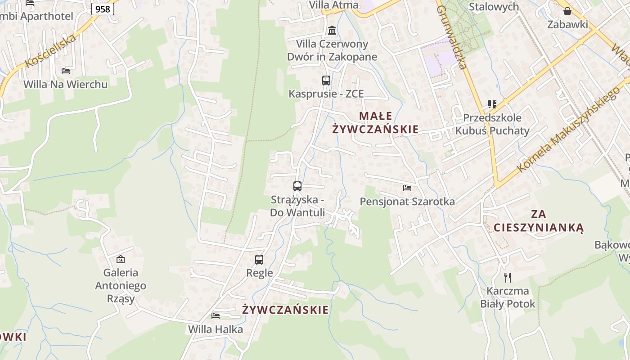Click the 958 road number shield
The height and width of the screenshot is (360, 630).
pyautogui.click(x=103, y=9)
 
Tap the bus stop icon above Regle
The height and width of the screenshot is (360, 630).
pyautogui.click(x=259, y=260)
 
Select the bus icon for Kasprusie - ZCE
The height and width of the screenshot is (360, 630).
pyautogui.click(x=326, y=81)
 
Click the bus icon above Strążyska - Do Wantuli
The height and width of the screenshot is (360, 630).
pyautogui.click(x=297, y=186)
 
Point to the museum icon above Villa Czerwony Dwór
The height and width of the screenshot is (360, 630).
pyautogui.click(x=332, y=31)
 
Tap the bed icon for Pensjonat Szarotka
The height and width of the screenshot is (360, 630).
pyautogui.click(x=407, y=188)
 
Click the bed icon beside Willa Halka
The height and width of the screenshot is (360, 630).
pyautogui.click(x=216, y=316)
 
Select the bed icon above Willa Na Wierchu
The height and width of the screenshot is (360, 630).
pyautogui.click(x=66, y=71)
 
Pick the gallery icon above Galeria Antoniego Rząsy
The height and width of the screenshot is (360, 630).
pyautogui.click(x=121, y=259)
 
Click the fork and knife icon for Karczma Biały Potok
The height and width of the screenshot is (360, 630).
pyautogui.click(x=508, y=277)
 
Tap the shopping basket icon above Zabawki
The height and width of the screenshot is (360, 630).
pyautogui.click(x=567, y=11)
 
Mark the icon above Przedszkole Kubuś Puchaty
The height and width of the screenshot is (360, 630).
pyautogui.click(x=492, y=104)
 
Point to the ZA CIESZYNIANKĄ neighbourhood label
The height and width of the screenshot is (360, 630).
pyautogui.click(x=538, y=220)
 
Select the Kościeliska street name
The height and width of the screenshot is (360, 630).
pyautogui.click(x=50, y=51)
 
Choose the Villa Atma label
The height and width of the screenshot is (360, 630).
pyautogui.click(x=333, y=5)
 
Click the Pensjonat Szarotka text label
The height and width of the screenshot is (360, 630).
pyautogui.click(x=407, y=202)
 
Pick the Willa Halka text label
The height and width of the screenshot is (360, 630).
pyautogui.click(x=216, y=329)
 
